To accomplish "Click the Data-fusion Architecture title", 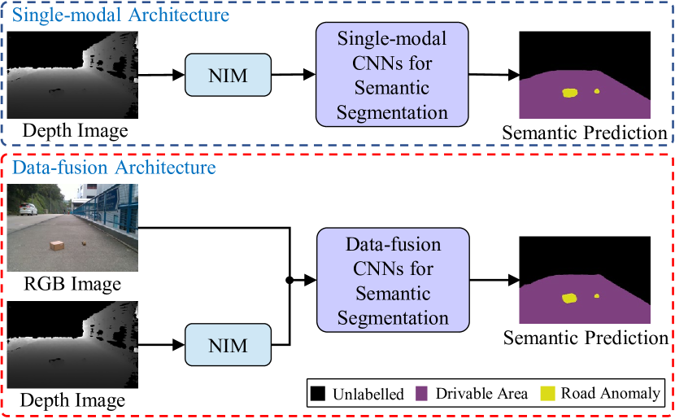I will click(114, 168).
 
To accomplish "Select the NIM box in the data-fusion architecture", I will click(228, 345).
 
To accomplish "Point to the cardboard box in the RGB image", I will click(57, 246).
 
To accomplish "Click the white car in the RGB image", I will click(27, 208).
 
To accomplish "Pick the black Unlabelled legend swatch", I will click(318, 394).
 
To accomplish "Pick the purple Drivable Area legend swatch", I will click(423, 394).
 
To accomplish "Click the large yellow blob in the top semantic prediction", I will click(569, 94).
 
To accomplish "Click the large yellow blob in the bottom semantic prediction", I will click(569, 299).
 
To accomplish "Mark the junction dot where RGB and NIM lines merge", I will click(290, 280).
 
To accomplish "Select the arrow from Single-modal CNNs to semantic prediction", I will click(494, 76).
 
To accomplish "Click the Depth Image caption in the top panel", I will click(74, 130).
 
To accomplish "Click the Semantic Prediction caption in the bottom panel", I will click(585, 338).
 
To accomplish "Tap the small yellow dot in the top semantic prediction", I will click(596, 91).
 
